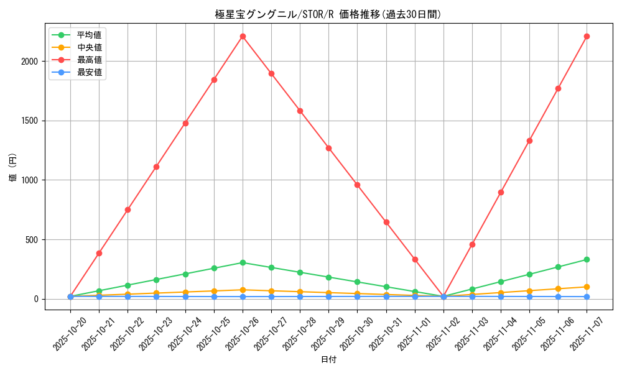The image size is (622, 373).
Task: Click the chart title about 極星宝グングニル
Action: (x=328, y=14)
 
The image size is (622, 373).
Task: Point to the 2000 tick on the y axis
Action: (x=30, y=62)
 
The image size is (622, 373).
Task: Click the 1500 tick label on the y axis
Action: (x=30, y=121)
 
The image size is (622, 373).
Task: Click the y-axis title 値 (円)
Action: (x=13, y=168)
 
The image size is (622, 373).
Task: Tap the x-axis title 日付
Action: (x=328, y=360)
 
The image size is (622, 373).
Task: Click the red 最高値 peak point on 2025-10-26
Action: (x=243, y=36)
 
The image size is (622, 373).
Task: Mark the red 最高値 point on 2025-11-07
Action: (x=587, y=36)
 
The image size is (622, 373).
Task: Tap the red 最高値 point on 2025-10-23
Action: (x=156, y=167)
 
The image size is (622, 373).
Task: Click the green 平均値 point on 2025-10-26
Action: (x=243, y=262)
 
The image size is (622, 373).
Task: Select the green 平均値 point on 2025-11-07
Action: (x=587, y=259)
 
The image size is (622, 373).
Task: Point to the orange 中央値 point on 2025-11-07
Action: (x=587, y=287)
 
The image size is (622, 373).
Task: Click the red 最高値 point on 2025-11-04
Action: (x=501, y=192)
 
